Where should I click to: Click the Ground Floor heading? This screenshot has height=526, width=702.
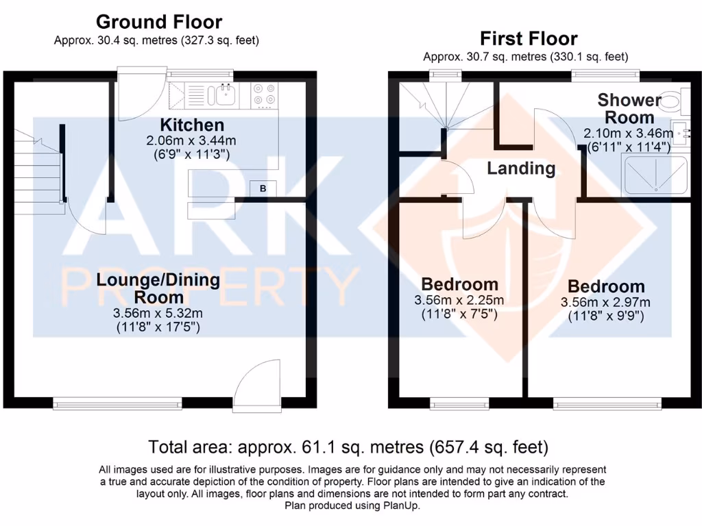coord(158,22)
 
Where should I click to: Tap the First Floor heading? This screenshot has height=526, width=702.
coord(528,38)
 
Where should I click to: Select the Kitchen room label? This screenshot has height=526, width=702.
coord(192,125)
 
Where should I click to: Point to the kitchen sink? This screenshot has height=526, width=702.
coord(226,95)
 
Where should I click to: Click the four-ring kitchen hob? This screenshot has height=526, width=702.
coord(265,95)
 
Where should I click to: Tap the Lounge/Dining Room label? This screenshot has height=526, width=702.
coord(158,288)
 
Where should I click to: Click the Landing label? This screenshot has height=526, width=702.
coord(521,168)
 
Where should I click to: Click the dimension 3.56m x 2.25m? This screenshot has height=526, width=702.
coord(459,301)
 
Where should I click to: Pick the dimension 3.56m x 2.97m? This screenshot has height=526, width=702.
coord(606,302)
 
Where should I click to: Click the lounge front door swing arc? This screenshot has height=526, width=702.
coord(255,384)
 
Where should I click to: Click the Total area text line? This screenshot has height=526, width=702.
coord(349,448)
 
